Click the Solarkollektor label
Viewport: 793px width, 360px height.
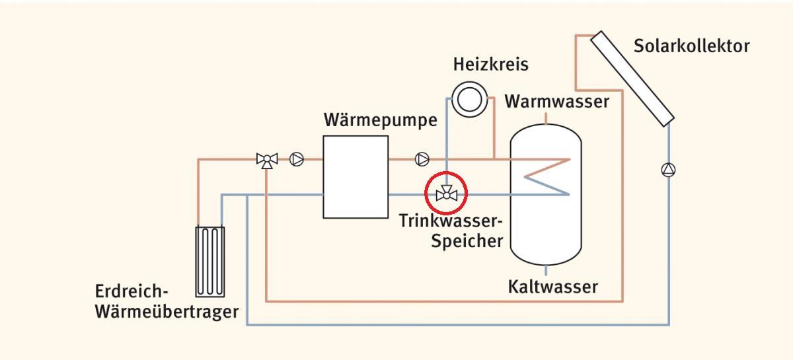691,47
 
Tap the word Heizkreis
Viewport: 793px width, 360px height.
491,65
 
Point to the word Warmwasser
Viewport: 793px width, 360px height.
556,102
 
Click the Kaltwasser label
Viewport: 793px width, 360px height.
552,287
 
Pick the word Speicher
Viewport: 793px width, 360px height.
467,240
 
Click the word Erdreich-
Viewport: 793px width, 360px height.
132,291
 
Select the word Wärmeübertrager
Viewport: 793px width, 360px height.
166,311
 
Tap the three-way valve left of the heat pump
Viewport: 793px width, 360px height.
266,160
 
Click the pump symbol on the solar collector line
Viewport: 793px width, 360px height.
668,170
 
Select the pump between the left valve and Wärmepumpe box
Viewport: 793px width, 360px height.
297,159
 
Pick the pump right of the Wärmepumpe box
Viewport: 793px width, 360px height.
422,159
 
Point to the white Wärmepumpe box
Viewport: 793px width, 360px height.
355,176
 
